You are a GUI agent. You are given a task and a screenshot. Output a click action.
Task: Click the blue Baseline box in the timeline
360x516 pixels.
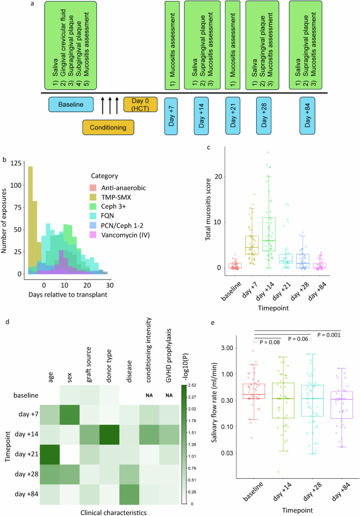72,105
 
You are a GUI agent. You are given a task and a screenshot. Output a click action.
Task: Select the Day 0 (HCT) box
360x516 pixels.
140,105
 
